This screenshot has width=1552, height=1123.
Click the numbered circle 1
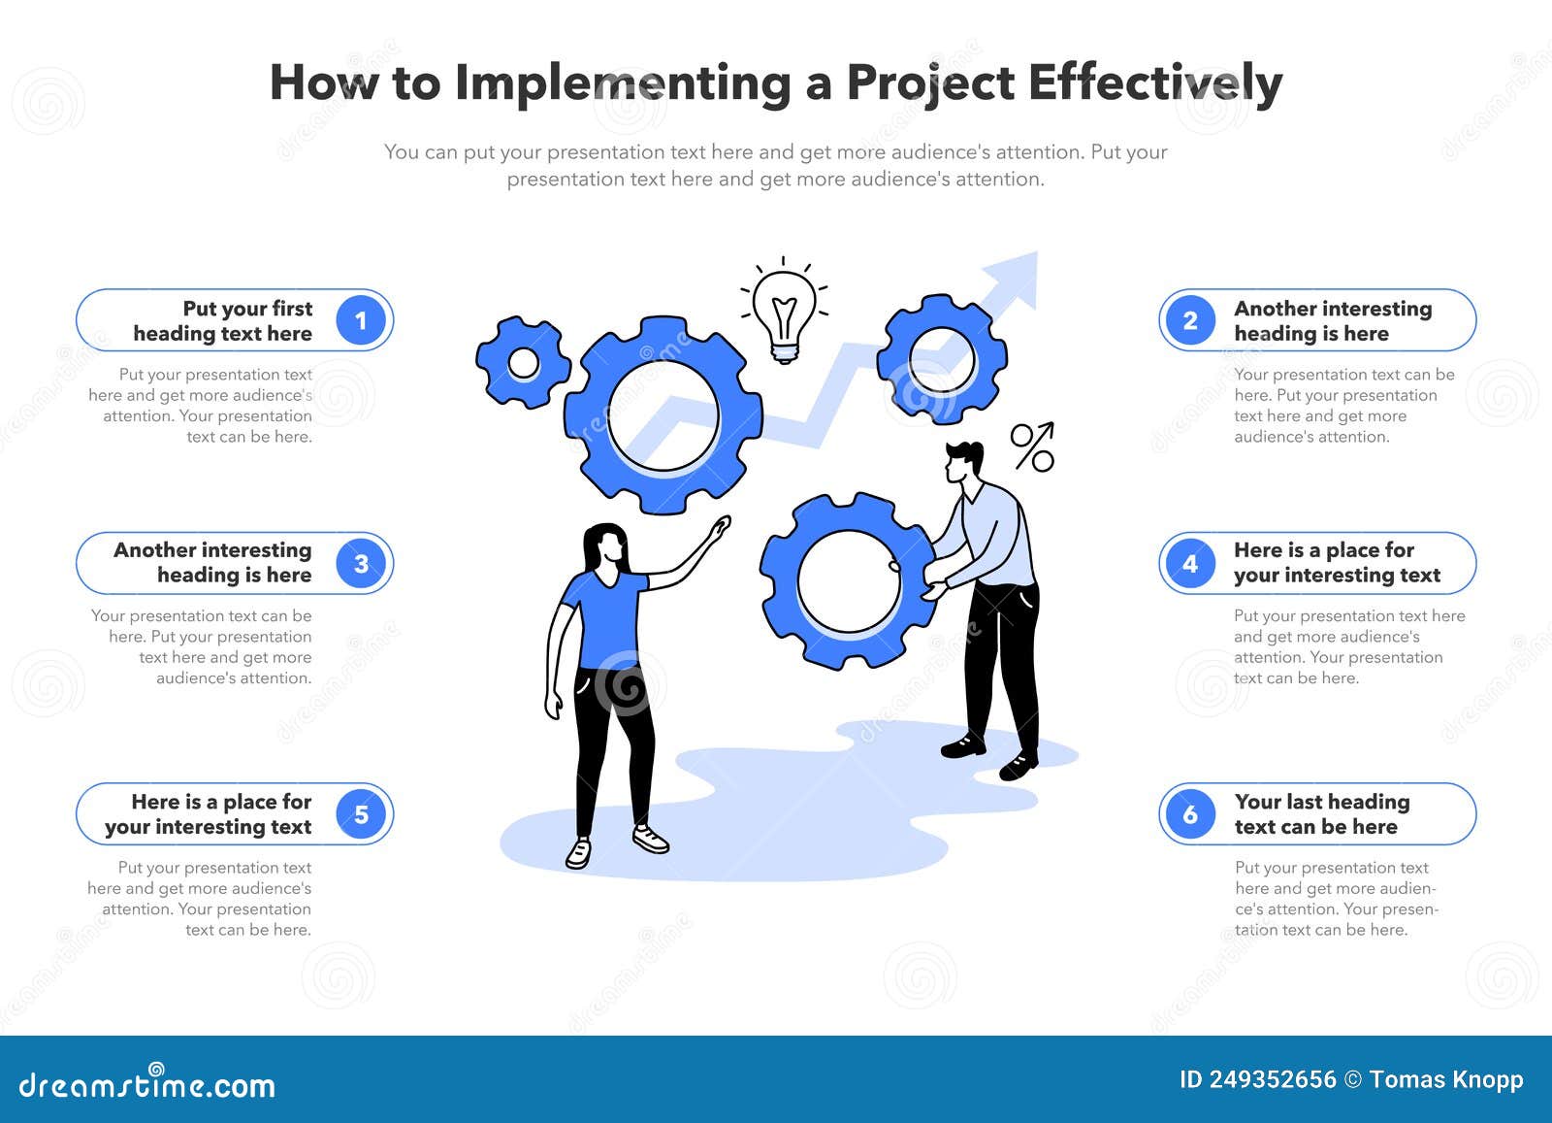coord(361,320)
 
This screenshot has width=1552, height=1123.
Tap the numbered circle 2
coord(1190,320)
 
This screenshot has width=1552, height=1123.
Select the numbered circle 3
coord(361,563)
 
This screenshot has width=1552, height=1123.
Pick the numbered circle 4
coord(1190,563)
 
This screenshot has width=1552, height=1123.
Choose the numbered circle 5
coord(361,814)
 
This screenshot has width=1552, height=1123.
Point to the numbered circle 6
coord(1190,814)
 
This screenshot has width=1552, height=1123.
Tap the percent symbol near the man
coord(1032,446)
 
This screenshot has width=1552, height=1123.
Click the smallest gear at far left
coord(523,363)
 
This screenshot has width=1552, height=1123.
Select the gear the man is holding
coord(846,580)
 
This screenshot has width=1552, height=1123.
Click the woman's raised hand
coord(720,529)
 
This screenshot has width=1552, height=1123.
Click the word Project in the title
coord(930,83)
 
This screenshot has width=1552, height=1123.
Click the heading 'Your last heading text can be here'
coord(1321,814)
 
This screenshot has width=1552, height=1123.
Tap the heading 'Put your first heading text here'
coord(223,320)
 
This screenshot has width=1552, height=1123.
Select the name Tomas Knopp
coord(1446,1079)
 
